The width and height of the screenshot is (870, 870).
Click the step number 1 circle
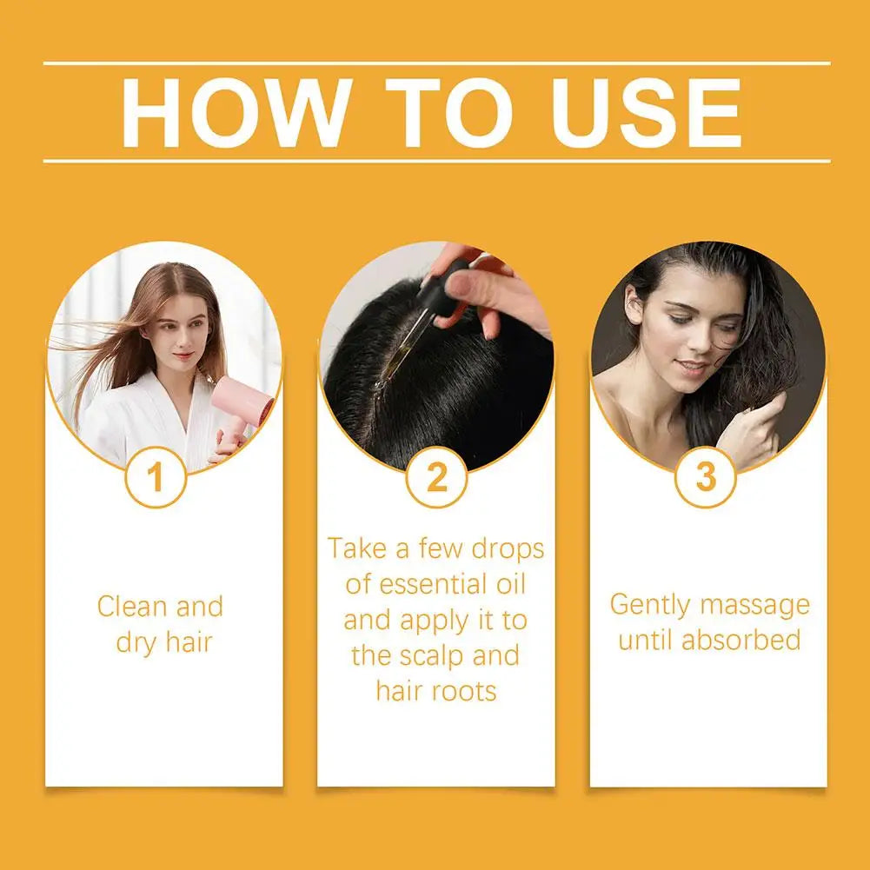point(156,477)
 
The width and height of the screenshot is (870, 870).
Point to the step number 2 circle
point(436,477)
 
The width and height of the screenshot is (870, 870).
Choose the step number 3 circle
point(706,477)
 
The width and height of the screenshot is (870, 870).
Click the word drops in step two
point(508,548)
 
